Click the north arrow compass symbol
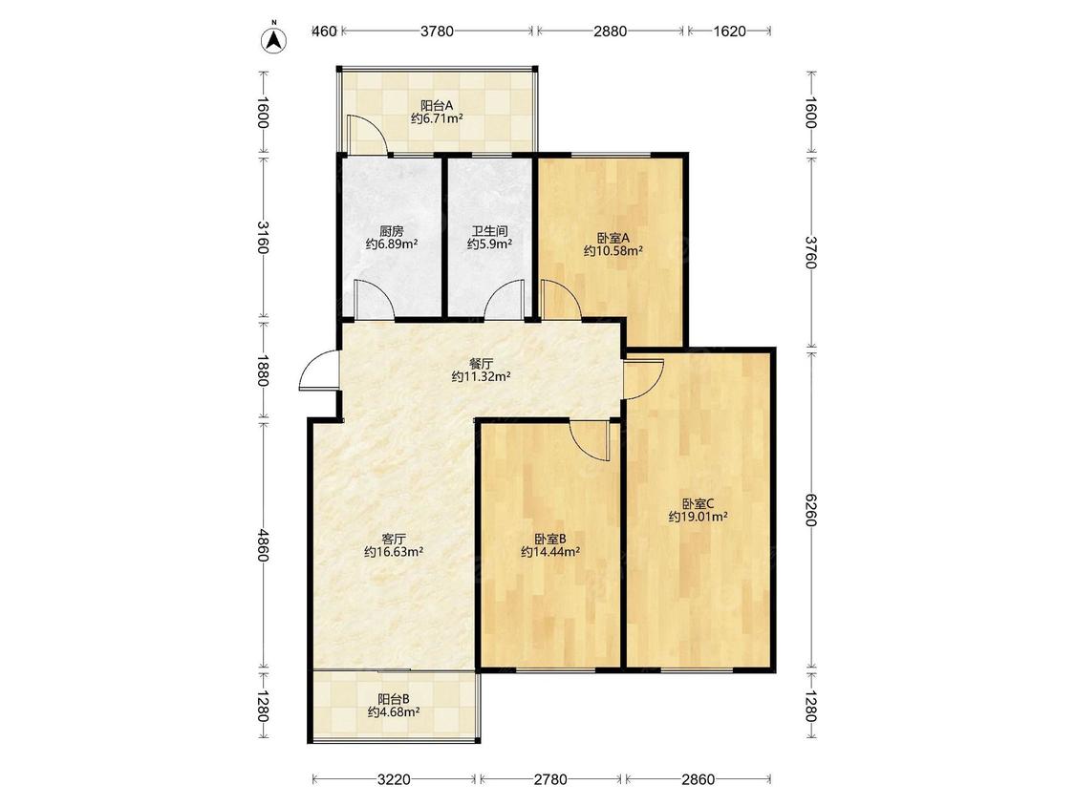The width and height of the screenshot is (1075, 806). coord(274,40)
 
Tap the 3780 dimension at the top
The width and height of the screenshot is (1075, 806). coord(437,31)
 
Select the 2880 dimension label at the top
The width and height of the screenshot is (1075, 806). coord(610,31)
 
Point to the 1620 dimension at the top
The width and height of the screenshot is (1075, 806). coord(729,31)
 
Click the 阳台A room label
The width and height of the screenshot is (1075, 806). coord(437,106)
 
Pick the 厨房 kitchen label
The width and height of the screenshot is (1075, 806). coord(392,232)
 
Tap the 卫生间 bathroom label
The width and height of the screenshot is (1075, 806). coord(489,232)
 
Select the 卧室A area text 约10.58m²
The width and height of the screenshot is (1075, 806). coord(613,251)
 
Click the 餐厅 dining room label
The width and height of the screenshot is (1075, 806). coord(482,363)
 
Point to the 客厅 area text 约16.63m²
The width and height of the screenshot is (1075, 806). coord(394,551)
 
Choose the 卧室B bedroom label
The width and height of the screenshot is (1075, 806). coord(549,539)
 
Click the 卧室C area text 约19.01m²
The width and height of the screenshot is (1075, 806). coord(698,516)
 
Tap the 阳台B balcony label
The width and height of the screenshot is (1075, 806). coord(394,699)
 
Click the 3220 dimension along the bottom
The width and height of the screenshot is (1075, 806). coord(394,779)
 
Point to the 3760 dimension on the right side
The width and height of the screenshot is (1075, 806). coord(810,253)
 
